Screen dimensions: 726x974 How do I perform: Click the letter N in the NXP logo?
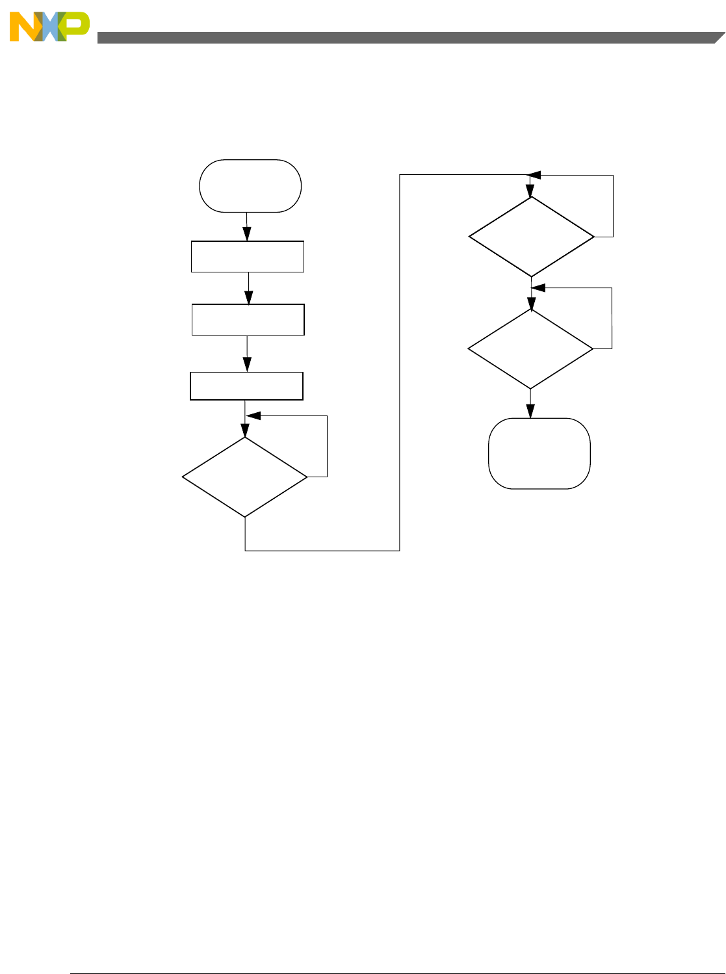tap(25, 28)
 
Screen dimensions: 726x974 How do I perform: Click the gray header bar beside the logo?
tap(403, 38)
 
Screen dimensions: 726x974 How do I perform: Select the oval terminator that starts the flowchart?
tap(250, 186)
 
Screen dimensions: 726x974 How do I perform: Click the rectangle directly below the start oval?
tap(248, 256)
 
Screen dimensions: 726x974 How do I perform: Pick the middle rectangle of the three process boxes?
tap(248, 319)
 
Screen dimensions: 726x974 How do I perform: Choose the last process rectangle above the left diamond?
tap(246, 386)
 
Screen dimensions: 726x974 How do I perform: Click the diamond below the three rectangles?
tap(245, 477)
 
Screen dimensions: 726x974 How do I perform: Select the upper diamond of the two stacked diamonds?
tap(532, 237)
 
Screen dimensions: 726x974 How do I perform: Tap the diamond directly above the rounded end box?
tap(530, 349)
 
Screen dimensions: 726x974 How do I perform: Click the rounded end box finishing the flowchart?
tap(539, 453)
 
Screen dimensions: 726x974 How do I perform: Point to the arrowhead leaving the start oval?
tap(247, 235)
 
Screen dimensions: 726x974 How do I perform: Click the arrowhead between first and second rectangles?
tap(248, 298)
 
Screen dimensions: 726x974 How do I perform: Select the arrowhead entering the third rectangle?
tap(246, 366)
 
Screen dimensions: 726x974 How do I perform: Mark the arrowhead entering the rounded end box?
tap(530, 412)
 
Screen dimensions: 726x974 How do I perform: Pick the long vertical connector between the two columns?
tap(399, 364)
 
